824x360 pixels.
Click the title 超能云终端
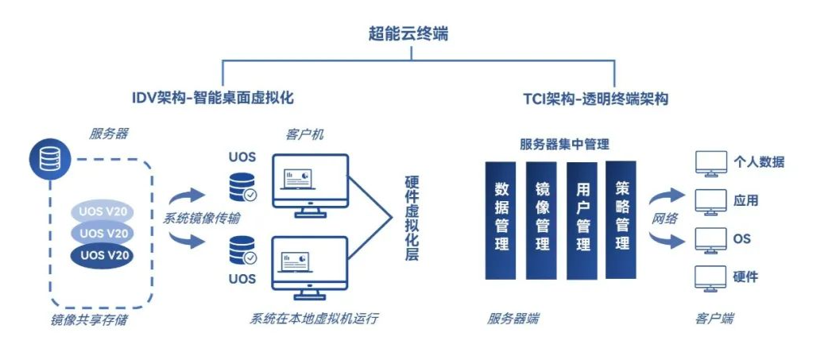tap(412, 33)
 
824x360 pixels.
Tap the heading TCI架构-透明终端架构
tap(595, 99)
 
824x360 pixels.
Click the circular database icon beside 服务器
tap(46, 160)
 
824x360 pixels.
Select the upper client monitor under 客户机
tap(311, 181)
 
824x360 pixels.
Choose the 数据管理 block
tap(501, 218)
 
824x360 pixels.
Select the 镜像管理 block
tap(542, 218)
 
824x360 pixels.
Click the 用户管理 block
tap(582, 218)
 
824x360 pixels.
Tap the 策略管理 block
tap(621, 218)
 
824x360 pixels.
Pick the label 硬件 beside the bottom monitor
tap(745, 277)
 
